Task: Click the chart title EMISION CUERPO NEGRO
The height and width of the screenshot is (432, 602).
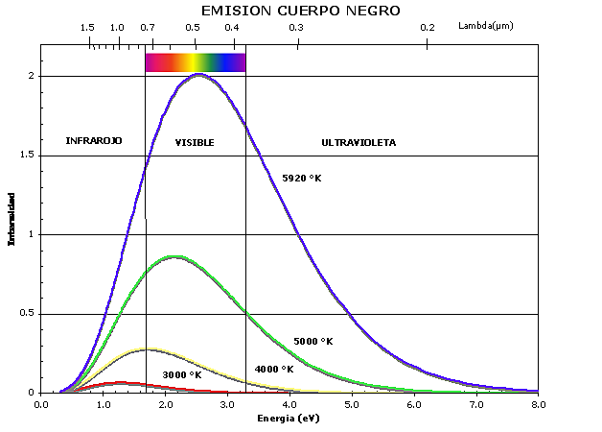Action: click(x=300, y=11)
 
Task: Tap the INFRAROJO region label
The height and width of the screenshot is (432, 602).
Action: click(x=94, y=141)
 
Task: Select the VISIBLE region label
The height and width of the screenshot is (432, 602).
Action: click(x=195, y=142)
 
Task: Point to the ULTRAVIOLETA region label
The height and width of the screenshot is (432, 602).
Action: click(x=359, y=142)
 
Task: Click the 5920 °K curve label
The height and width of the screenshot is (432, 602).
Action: click(x=301, y=178)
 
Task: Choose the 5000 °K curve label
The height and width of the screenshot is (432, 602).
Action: click(x=313, y=341)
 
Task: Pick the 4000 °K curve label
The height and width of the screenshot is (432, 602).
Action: click(x=274, y=369)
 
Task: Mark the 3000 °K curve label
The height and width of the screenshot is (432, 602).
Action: click(x=182, y=374)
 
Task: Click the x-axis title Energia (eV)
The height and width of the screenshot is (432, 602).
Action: click(x=288, y=420)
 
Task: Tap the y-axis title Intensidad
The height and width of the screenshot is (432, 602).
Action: click(x=12, y=219)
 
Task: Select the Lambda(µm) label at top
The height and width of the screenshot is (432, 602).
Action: click(x=486, y=26)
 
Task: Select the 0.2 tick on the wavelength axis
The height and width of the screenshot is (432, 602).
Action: click(x=428, y=27)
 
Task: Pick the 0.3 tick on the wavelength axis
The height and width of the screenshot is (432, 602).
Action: click(x=296, y=27)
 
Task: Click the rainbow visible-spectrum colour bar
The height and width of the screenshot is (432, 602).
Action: click(x=195, y=62)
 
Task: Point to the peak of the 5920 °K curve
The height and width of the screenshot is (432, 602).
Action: click(x=198, y=74)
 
